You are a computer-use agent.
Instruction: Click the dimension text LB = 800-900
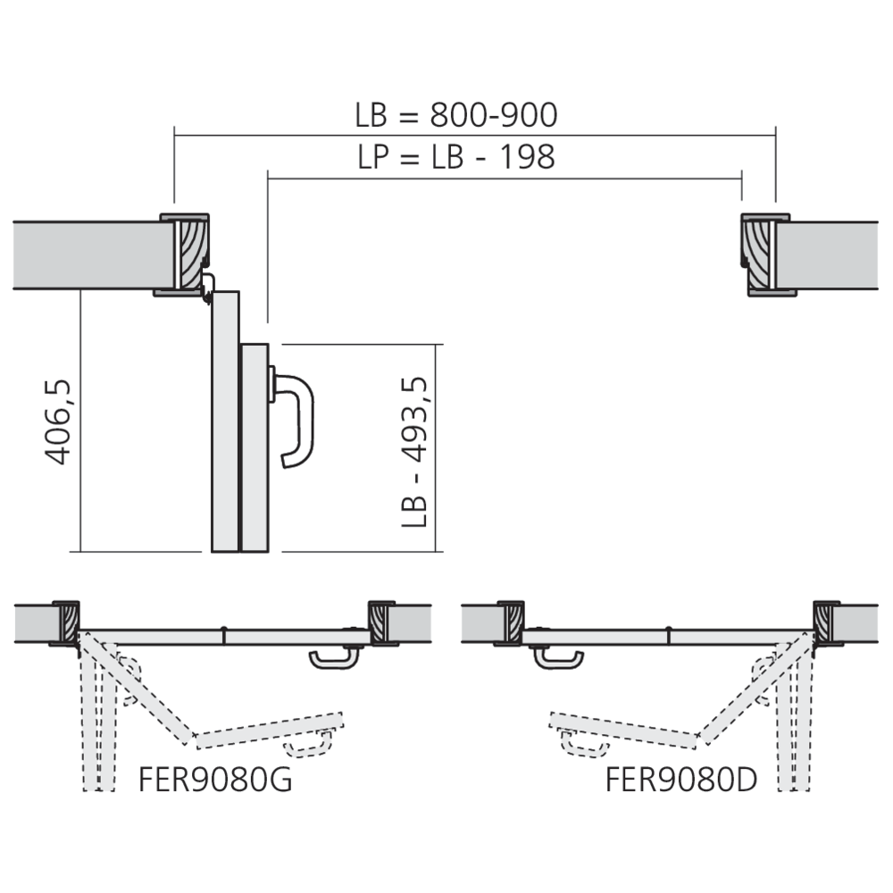pos(455,115)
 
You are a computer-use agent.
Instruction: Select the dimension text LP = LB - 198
pos(455,156)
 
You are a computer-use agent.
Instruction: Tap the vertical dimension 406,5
pos(58,421)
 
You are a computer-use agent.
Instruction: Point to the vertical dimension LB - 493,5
pos(415,451)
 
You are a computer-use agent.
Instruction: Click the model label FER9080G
pos(215,779)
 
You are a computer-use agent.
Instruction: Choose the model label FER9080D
pos(680,779)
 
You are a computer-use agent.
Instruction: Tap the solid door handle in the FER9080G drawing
pos(334,660)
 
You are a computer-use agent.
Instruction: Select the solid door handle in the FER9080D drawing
pos(559,660)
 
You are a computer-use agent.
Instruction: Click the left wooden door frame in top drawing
pos(190,255)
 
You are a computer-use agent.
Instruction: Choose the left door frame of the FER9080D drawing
pos(511,622)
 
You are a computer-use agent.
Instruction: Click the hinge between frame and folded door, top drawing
pos(207,286)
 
